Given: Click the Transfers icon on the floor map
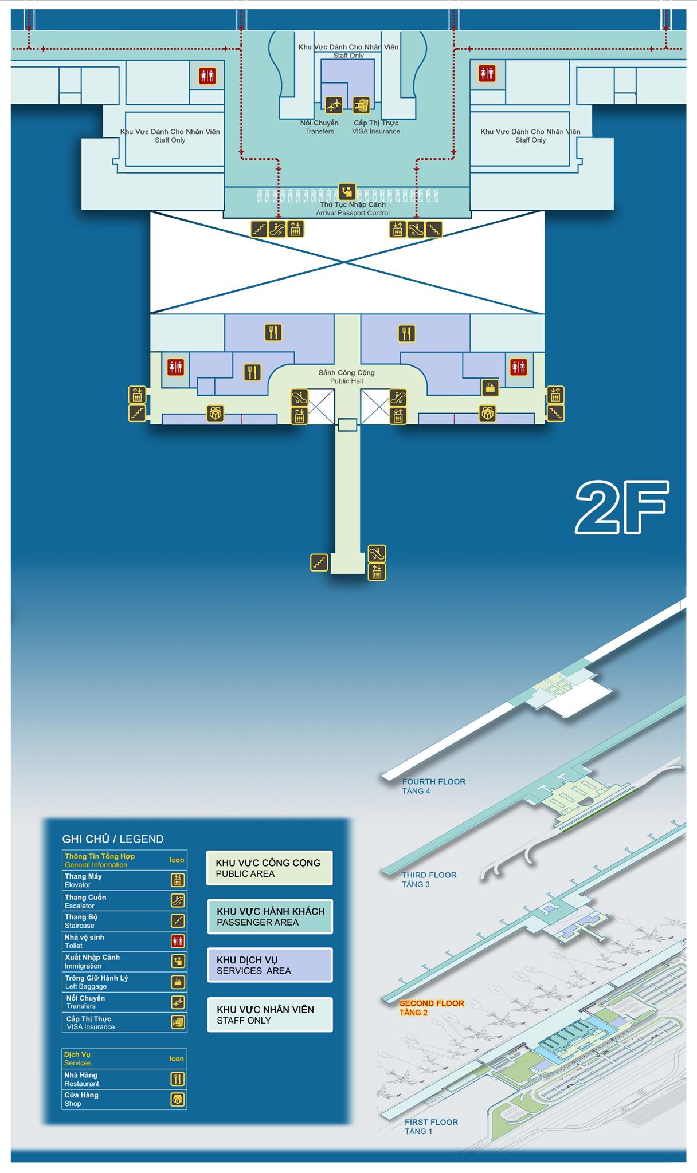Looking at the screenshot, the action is point(334,105).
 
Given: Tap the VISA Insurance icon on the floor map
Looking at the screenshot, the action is point(361,105).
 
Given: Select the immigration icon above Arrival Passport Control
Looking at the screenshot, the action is point(347,191).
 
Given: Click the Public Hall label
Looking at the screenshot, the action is point(347,377).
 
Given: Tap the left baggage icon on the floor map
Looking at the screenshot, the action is point(490,388).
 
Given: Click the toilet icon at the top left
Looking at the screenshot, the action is point(207,76).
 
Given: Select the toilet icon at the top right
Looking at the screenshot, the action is point(487,73).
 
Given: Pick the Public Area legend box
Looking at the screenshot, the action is point(269,868).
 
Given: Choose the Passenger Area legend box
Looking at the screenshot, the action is point(270,916).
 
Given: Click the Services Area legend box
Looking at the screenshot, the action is point(270,965).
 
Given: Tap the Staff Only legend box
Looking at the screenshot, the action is point(270,1015).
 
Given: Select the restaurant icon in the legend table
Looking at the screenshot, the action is point(178,1079).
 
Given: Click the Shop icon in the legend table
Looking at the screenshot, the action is point(178,1099).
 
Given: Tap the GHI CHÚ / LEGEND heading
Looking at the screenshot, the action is point(113,839).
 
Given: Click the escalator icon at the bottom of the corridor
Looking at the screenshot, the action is point(377,553).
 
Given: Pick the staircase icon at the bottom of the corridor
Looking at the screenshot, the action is point(319,562).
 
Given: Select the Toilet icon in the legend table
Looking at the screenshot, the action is point(178,941).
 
